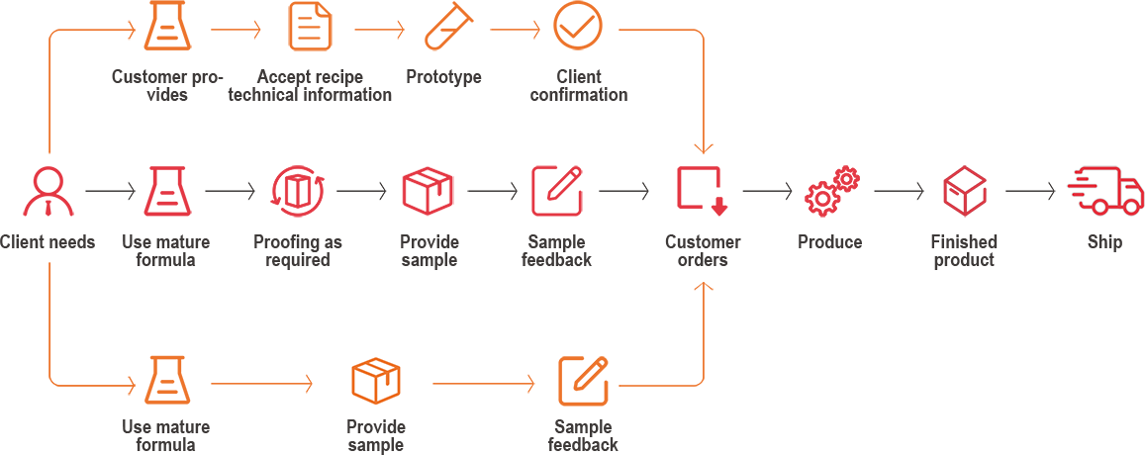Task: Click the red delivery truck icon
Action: click(1106, 191)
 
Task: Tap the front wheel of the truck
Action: click(1130, 207)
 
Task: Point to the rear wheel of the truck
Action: click(1099, 207)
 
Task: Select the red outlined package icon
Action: click(428, 191)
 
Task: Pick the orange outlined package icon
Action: click(376, 381)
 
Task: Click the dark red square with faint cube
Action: click(965, 191)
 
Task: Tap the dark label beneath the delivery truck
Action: click(1104, 243)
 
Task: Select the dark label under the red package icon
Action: click(429, 251)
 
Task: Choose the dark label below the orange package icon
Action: click(376, 435)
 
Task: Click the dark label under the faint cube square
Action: click(964, 251)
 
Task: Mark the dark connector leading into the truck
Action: click(1030, 191)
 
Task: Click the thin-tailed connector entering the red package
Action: click(362, 191)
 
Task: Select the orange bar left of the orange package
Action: click(261, 384)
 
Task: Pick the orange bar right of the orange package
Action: click(483, 384)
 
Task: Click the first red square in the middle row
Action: click(48, 191)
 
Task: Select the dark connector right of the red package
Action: click(492, 191)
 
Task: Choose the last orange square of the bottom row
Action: click(583, 381)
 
